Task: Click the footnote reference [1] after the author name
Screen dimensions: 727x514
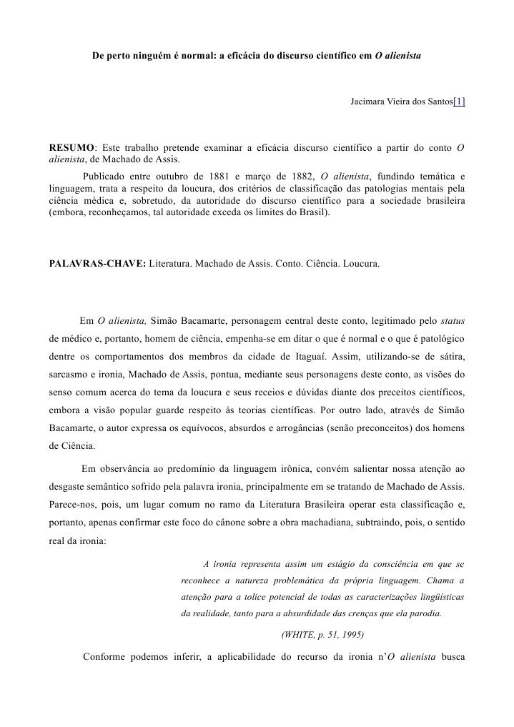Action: pos(459,102)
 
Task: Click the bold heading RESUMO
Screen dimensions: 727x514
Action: pos(71,148)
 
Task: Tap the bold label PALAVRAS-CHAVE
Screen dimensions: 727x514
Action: pos(97,264)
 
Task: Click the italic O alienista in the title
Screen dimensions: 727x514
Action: pos(397,55)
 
